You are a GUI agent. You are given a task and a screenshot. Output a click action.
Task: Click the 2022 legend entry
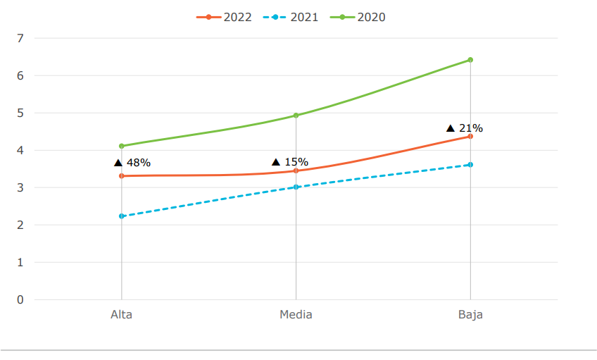point(224,17)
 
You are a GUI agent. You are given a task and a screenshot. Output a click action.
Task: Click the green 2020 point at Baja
point(470,60)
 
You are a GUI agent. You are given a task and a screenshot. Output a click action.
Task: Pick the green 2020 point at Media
point(296,116)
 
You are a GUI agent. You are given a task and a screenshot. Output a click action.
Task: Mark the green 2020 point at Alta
point(122,146)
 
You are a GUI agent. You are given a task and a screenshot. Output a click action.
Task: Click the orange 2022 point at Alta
point(122,175)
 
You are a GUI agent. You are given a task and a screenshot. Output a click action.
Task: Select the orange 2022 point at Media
point(296,170)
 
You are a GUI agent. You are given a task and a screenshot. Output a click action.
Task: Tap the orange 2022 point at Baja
point(470,136)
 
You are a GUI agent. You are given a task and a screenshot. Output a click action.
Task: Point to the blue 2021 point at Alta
point(122,216)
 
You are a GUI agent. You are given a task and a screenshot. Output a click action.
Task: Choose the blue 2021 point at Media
point(296,187)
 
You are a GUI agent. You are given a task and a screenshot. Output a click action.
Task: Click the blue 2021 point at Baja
point(470,165)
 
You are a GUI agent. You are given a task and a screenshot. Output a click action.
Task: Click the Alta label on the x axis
point(121,314)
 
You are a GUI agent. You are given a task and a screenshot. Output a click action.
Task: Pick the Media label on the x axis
point(296,314)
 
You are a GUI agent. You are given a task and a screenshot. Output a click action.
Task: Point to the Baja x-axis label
point(470,314)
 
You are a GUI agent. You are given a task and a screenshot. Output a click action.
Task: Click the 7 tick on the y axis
point(20,38)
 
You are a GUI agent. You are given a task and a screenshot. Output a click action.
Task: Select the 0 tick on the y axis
point(20,299)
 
